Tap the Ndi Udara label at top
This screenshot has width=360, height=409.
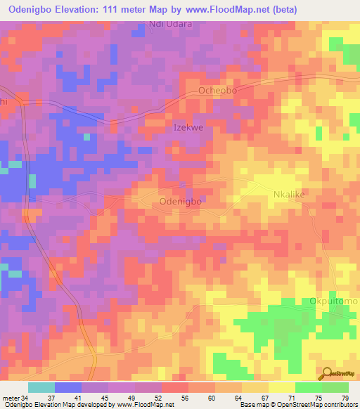tap(170, 24)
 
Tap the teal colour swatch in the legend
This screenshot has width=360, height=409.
tap(41, 387)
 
